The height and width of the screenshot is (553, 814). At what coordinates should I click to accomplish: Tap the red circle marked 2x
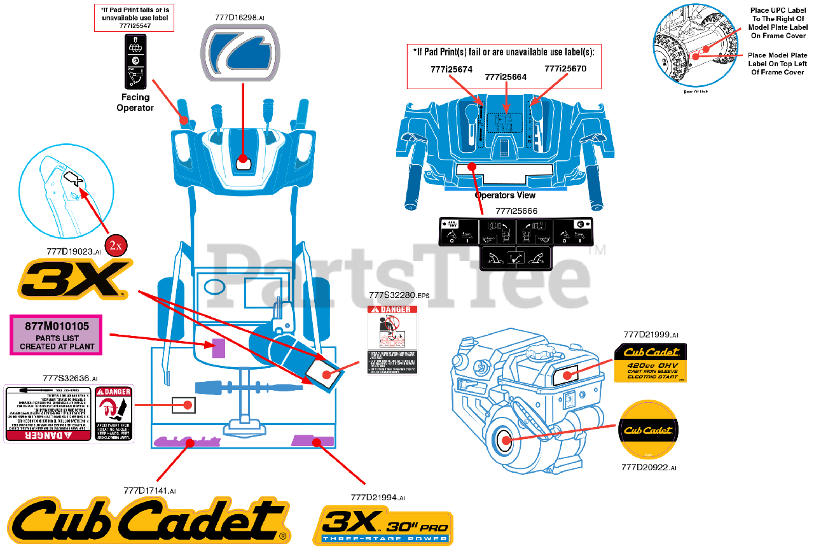tap(116, 245)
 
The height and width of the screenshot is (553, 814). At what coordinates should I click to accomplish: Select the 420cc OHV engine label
tap(650, 363)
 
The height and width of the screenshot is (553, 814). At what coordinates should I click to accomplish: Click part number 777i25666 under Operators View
tap(516, 211)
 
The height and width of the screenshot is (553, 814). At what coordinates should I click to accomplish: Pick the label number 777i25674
tap(452, 69)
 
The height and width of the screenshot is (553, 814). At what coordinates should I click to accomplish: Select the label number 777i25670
tap(565, 68)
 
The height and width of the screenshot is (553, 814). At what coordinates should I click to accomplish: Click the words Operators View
tap(505, 195)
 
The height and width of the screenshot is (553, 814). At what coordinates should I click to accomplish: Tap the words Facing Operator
tap(135, 102)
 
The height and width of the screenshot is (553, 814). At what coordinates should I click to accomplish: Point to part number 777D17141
tap(149, 491)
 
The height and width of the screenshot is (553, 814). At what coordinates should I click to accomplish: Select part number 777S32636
tap(70, 379)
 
